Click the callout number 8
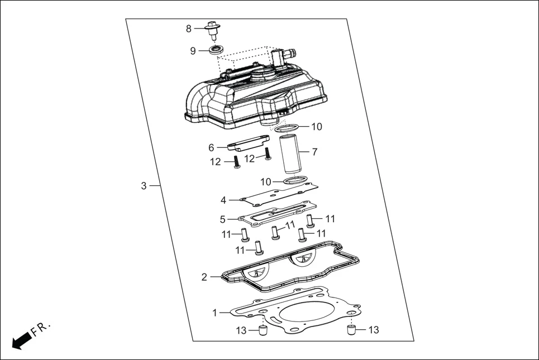(189, 28)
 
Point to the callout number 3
(144, 186)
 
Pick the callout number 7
(315, 152)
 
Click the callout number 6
(211, 148)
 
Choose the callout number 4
(223, 200)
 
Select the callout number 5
(222, 219)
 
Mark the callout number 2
(204, 277)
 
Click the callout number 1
(215, 313)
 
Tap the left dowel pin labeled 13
(261, 331)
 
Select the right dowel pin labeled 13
(351, 330)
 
